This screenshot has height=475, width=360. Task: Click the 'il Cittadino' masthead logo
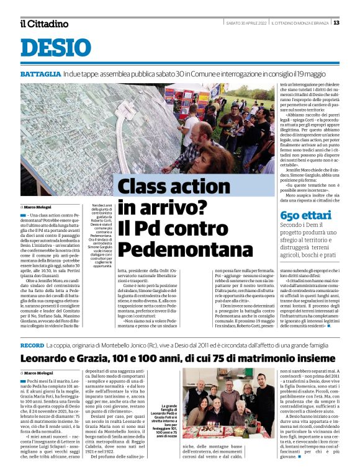[x=44, y=24]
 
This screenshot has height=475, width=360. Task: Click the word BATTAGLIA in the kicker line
[x=40, y=74]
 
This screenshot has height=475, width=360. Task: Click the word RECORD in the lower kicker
[x=32, y=344]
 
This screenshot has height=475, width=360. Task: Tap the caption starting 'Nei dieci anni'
[x=100, y=227]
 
